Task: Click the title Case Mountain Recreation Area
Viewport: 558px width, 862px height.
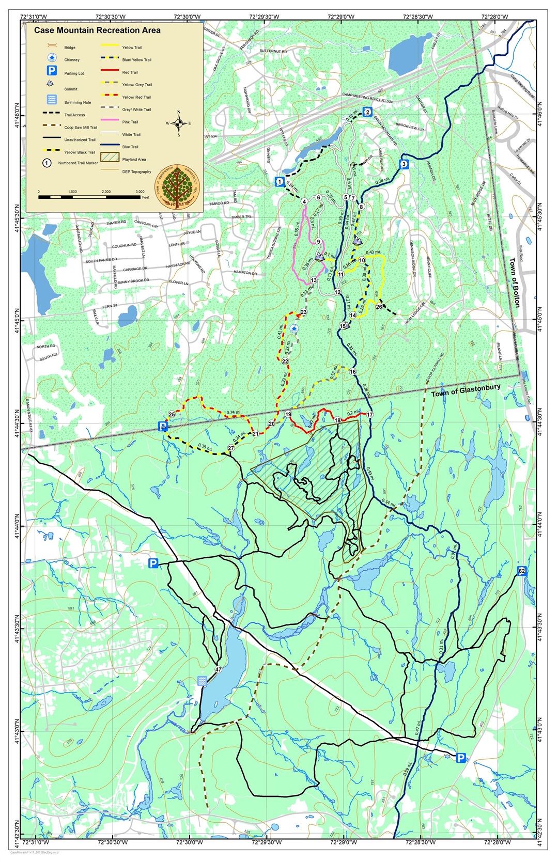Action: point(97,30)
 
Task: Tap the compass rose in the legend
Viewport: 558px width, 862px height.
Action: point(179,123)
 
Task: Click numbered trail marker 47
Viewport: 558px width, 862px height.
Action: point(219,670)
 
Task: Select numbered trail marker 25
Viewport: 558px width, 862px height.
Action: point(172,414)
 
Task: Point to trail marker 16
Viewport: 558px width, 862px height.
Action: point(353,372)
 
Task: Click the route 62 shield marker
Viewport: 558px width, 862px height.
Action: point(521,571)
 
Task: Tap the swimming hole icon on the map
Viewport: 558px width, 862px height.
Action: point(202,681)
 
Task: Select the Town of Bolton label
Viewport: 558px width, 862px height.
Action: point(515,283)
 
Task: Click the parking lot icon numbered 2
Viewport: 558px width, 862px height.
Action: point(367,112)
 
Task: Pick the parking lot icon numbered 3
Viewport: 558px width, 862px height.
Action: point(404,165)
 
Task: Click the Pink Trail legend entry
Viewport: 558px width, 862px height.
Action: point(130,122)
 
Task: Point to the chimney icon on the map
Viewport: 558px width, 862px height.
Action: point(295,328)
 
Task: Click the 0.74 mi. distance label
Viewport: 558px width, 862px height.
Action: point(234,413)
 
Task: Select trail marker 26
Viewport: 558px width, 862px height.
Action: point(379,307)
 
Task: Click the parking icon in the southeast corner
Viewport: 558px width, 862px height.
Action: point(460,758)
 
